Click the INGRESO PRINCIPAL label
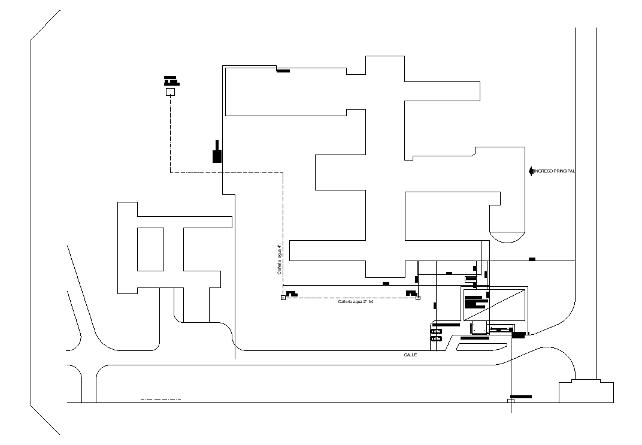pos(555,171)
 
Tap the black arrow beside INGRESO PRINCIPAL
pos(531,171)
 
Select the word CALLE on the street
pos(410,355)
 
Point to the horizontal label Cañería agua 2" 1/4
pos(356,302)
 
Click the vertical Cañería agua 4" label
pos(279,259)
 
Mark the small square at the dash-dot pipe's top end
pos(170,92)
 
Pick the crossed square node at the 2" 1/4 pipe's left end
pos(283,298)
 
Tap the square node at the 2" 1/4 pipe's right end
pos(418,298)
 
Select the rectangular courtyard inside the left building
pos(151,249)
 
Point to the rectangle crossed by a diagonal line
pos(495,305)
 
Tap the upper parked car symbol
pos(437,331)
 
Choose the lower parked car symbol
pos(437,339)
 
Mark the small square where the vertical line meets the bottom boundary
pos(510,401)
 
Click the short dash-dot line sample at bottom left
pos(160,399)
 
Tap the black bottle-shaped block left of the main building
pos(217,153)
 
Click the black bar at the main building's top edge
pos(283,71)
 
